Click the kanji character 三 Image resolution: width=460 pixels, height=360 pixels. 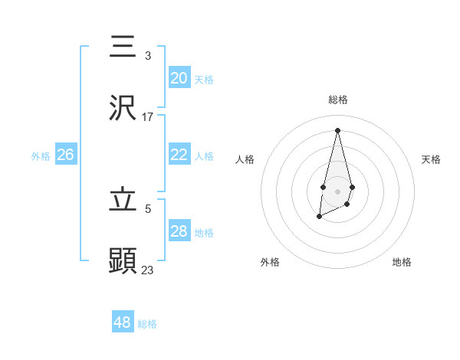(123, 47)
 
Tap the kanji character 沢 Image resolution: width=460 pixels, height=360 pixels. (123, 108)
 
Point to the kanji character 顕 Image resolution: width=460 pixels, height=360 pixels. (123, 261)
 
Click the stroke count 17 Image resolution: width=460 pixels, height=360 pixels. (148, 116)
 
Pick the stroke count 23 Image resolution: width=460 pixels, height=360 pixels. (148, 270)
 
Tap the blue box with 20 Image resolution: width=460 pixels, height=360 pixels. (179, 78)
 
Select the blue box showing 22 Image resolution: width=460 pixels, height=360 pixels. (179, 155)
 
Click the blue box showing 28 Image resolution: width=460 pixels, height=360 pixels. (179, 231)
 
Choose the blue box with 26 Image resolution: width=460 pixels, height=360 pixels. (66, 155)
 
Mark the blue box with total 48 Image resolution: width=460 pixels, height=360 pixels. (123, 322)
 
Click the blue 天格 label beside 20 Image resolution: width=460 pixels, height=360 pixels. (204, 80)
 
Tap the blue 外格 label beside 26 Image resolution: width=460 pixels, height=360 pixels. (41, 156)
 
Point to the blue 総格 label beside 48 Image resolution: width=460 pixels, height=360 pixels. (147, 324)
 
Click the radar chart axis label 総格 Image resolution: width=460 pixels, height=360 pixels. (337, 100)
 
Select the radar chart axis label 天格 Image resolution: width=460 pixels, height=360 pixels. (431, 159)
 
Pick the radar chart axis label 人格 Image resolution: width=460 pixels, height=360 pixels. (245, 159)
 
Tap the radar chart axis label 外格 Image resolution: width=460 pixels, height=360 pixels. (270, 262)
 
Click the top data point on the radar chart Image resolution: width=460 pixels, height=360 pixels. (337, 129)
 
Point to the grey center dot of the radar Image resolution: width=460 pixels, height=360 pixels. (337, 190)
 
